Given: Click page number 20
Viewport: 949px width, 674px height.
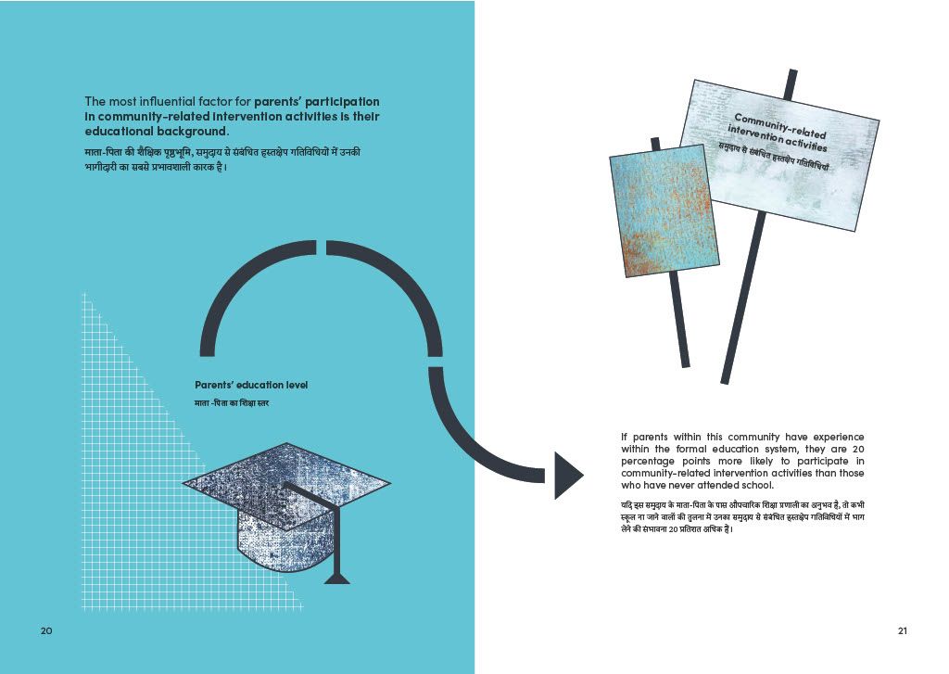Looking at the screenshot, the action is click(46, 630).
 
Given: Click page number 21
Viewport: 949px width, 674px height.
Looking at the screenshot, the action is click(903, 630).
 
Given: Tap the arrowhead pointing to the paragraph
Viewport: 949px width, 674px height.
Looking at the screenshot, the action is click(569, 476).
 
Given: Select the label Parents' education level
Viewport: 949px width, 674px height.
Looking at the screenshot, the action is click(251, 385).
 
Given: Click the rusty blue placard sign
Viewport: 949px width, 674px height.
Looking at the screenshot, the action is click(664, 210).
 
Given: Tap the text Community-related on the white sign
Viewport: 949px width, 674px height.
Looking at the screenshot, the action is click(780, 125).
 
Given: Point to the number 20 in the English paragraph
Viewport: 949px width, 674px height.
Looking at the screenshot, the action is click(857, 450).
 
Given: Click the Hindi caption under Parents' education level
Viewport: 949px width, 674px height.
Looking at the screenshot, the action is click(232, 403).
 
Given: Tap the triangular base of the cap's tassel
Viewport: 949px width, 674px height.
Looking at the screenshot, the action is click(337, 579).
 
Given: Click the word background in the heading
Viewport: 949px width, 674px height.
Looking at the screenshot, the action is click(193, 132).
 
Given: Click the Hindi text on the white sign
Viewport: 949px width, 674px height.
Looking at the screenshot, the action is click(773, 157).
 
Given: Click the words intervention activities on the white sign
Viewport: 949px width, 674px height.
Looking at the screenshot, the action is click(778, 139).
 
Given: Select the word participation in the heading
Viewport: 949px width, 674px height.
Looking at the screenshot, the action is click(343, 102).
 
